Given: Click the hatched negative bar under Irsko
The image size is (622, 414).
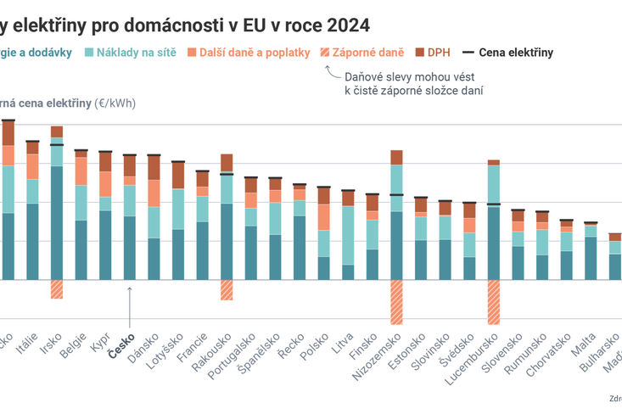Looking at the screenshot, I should pos(57,289).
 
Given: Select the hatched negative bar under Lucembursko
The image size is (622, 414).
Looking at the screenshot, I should pos(494,301).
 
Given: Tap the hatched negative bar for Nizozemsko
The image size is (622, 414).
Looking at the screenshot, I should pos(396,301).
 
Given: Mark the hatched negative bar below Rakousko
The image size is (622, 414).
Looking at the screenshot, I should pos(227,289).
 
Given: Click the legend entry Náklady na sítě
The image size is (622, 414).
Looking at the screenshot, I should pos(131,53).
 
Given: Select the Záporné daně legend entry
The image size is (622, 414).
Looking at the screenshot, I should pos(361,53).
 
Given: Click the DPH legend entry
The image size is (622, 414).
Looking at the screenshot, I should pos(431,53).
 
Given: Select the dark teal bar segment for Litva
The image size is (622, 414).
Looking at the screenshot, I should pos(348,271).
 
